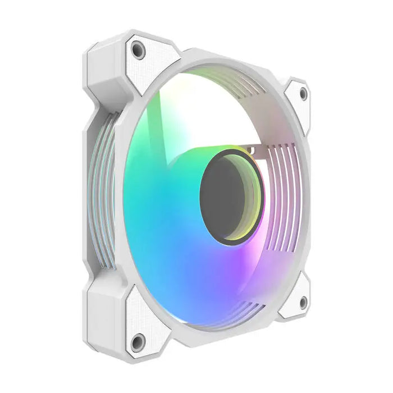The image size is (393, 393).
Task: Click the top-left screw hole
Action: pyautogui.click(x=138, y=51)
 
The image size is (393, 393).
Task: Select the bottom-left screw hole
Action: pyautogui.click(x=136, y=340)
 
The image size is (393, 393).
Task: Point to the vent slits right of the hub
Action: pyautogui.click(x=281, y=196)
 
